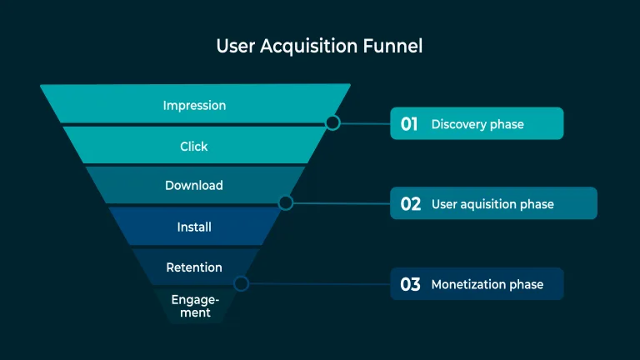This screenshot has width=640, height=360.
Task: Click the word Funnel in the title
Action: [x=392, y=46]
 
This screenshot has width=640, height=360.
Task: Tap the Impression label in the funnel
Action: [x=194, y=106]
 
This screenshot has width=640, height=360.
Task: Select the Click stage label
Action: [x=194, y=147]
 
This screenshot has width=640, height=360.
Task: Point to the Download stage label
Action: [x=194, y=186]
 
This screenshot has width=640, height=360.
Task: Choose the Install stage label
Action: [x=194, y=227]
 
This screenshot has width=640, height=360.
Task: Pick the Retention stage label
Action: [x=194, y=267]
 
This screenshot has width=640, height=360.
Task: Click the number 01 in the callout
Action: [x=409, y=124]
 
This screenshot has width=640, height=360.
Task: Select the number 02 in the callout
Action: [x=411, y=204]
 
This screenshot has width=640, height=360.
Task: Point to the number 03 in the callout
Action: [x=410, y=285]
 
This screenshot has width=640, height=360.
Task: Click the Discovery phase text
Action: [x=477, y=124]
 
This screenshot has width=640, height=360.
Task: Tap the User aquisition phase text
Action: [x=492, y=204]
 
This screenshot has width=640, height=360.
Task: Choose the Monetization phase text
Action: [x=487, y=285]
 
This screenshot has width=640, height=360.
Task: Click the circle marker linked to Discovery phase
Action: [x=332, y=123]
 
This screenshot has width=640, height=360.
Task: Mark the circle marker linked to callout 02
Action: [x=286, y=202]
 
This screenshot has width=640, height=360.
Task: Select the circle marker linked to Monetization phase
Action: [x=241, y=283]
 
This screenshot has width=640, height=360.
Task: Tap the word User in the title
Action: [x=235, y=46]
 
